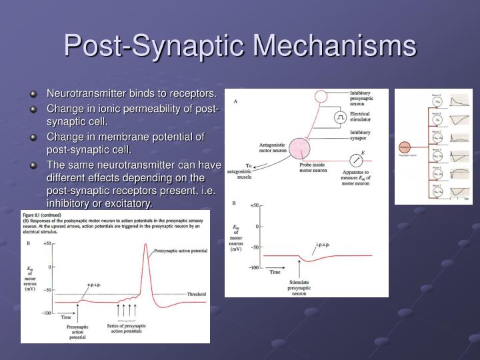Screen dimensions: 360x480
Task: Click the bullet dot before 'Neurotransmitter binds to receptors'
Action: (33, 93)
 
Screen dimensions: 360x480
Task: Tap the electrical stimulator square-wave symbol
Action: (341, 117)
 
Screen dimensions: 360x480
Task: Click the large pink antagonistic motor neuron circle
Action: (300, 148)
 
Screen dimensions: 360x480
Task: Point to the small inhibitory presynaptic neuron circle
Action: (321, 95)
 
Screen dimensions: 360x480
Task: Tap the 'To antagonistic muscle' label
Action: (239, 171)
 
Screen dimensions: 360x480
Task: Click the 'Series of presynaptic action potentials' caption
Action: (127, 329)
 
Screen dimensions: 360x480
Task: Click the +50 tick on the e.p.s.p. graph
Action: (47, 244)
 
